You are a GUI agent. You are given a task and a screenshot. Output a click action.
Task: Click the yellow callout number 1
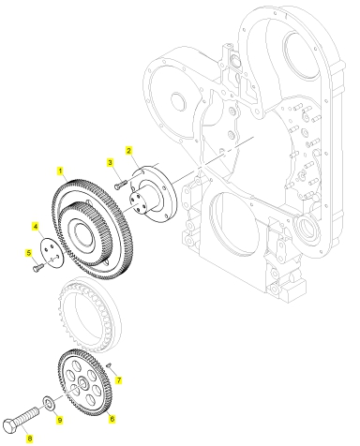tap(60, 171)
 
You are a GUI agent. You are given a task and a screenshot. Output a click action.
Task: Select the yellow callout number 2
tap(128, 151)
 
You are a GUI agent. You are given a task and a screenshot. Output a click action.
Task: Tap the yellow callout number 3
tap(110, 162)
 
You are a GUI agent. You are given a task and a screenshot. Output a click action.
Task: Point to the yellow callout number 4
tap(36, 226)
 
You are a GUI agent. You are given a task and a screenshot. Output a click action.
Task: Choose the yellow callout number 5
tap(29, 253)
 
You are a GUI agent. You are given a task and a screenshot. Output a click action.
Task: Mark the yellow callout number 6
tap(112, 418)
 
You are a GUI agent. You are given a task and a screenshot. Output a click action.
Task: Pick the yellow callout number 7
tap(118, 380)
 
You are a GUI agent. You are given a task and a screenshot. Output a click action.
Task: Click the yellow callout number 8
tap(29, 439)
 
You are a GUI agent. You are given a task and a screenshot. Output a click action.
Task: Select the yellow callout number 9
tap(59, 420)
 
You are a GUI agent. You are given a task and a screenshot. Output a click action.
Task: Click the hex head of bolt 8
tap(9, 425)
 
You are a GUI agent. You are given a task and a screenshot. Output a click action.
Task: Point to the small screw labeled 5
tap(38, 267)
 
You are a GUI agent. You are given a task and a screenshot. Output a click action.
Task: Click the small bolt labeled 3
tap(121, 184)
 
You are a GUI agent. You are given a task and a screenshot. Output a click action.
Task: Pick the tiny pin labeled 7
tap(109, 364)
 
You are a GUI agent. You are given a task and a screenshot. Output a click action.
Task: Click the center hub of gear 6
tap(82, 381)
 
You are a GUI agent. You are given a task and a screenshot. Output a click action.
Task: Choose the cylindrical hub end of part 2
tap(138, 203)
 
